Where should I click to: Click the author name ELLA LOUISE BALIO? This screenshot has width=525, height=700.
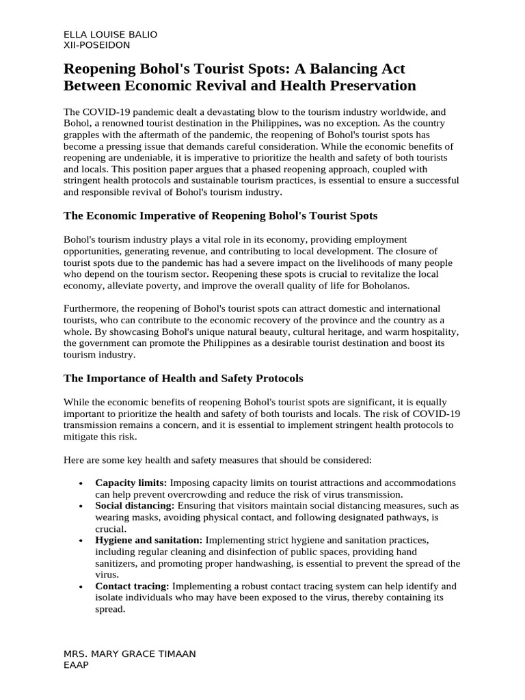110,34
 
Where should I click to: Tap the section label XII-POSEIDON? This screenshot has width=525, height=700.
96,45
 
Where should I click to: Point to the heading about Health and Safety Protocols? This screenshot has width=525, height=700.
183,378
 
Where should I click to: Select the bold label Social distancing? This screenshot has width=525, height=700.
135,505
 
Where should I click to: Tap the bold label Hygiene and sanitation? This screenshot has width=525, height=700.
148,540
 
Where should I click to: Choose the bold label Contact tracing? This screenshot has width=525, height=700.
132,586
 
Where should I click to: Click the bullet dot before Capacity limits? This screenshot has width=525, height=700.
81,483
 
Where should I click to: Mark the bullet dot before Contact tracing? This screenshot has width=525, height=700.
81,587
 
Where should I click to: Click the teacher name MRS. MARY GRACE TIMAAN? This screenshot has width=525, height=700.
129,654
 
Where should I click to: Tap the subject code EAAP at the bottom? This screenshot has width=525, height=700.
76,664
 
